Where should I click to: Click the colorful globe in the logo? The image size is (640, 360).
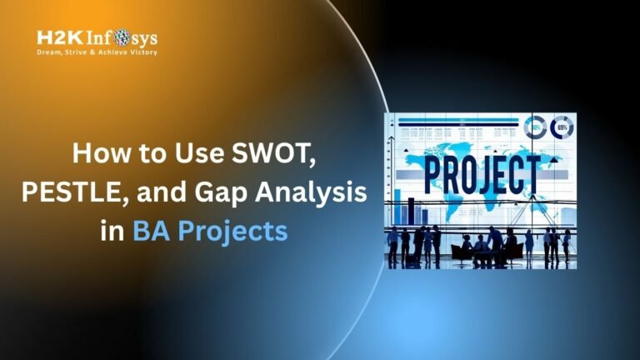click(122, 38)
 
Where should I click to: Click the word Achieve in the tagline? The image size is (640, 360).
click(108, 52)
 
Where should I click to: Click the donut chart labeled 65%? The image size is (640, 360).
click(562, 127)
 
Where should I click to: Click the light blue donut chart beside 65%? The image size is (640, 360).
click(534, 127)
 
